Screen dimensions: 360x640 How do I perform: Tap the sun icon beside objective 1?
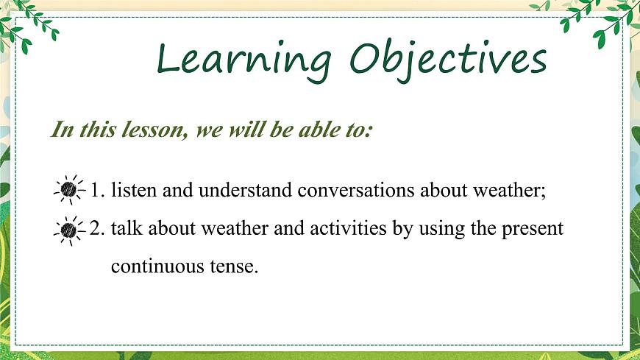click(x=69, y=191)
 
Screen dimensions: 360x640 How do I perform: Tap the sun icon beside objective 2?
click(x=69, y=230)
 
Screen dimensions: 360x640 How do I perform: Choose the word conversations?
click(x=356, y=191)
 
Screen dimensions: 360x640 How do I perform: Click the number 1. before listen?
click(x=97, y=191)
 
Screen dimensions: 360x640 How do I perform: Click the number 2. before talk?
click(x=97, y=229)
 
